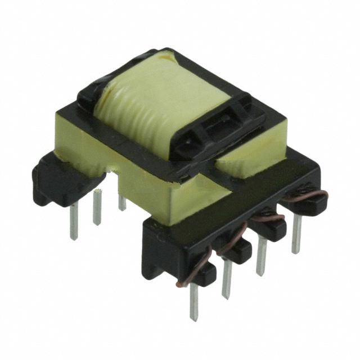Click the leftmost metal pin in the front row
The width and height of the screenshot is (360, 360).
[193, 301]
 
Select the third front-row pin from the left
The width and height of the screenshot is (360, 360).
[262, 256]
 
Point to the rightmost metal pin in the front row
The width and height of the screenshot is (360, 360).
[296, 233]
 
